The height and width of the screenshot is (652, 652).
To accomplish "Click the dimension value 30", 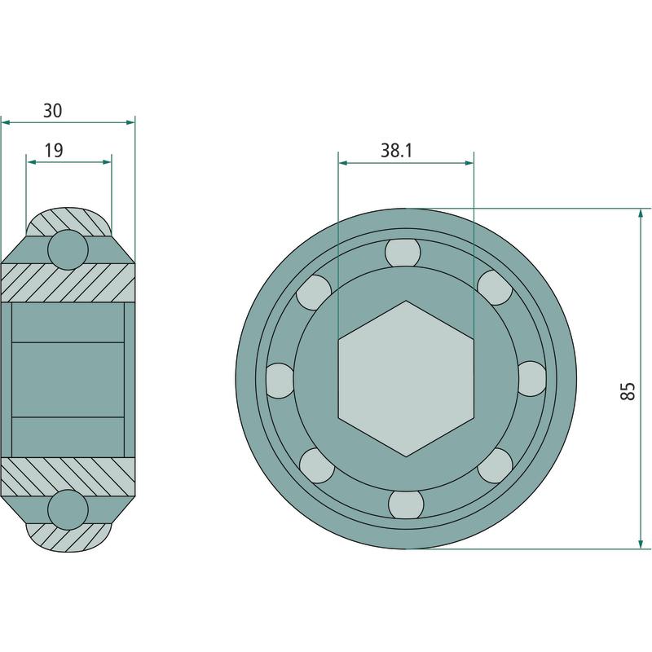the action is [x=53, y=111].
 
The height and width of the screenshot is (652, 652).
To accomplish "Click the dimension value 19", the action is [x=54, y=150].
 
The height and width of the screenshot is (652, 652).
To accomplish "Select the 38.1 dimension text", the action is [x=396, y=150].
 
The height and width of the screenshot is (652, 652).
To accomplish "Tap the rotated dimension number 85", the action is [x=628, y=391].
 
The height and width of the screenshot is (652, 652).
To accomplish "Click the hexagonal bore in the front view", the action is [x=406, y=378].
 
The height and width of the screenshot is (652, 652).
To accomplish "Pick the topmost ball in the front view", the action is [x=402, y=253].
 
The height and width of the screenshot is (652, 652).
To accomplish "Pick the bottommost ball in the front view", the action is [x=406, y=504].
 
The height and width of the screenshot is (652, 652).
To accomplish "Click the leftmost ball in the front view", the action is [x=280, y=381].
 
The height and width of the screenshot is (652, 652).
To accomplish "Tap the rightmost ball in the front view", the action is [x=532, y=378].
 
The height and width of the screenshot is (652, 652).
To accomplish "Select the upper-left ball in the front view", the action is [x=314, y=293].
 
